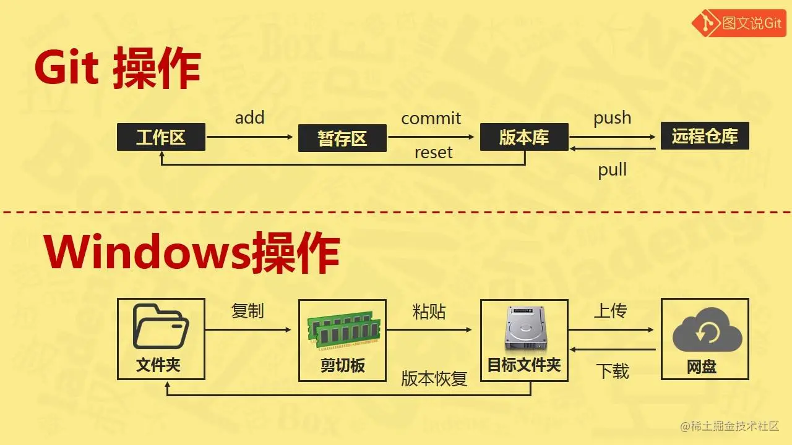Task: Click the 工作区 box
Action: point(161,137)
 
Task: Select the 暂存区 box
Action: point(342,138)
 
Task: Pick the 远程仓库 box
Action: point(705,136)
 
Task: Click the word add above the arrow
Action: point(249,117)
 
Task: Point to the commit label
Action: point(431,118)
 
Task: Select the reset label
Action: point(433,153)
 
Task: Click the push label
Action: point(612,118)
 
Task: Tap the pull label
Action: point(612,170)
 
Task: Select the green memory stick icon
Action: point(342,331)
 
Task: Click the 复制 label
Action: point(247,311)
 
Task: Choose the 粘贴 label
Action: point(429,311)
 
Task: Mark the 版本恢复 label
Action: point(434,378)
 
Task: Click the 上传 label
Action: point(611,311)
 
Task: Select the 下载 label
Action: point(612,371)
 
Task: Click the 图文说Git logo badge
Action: point(738,23)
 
